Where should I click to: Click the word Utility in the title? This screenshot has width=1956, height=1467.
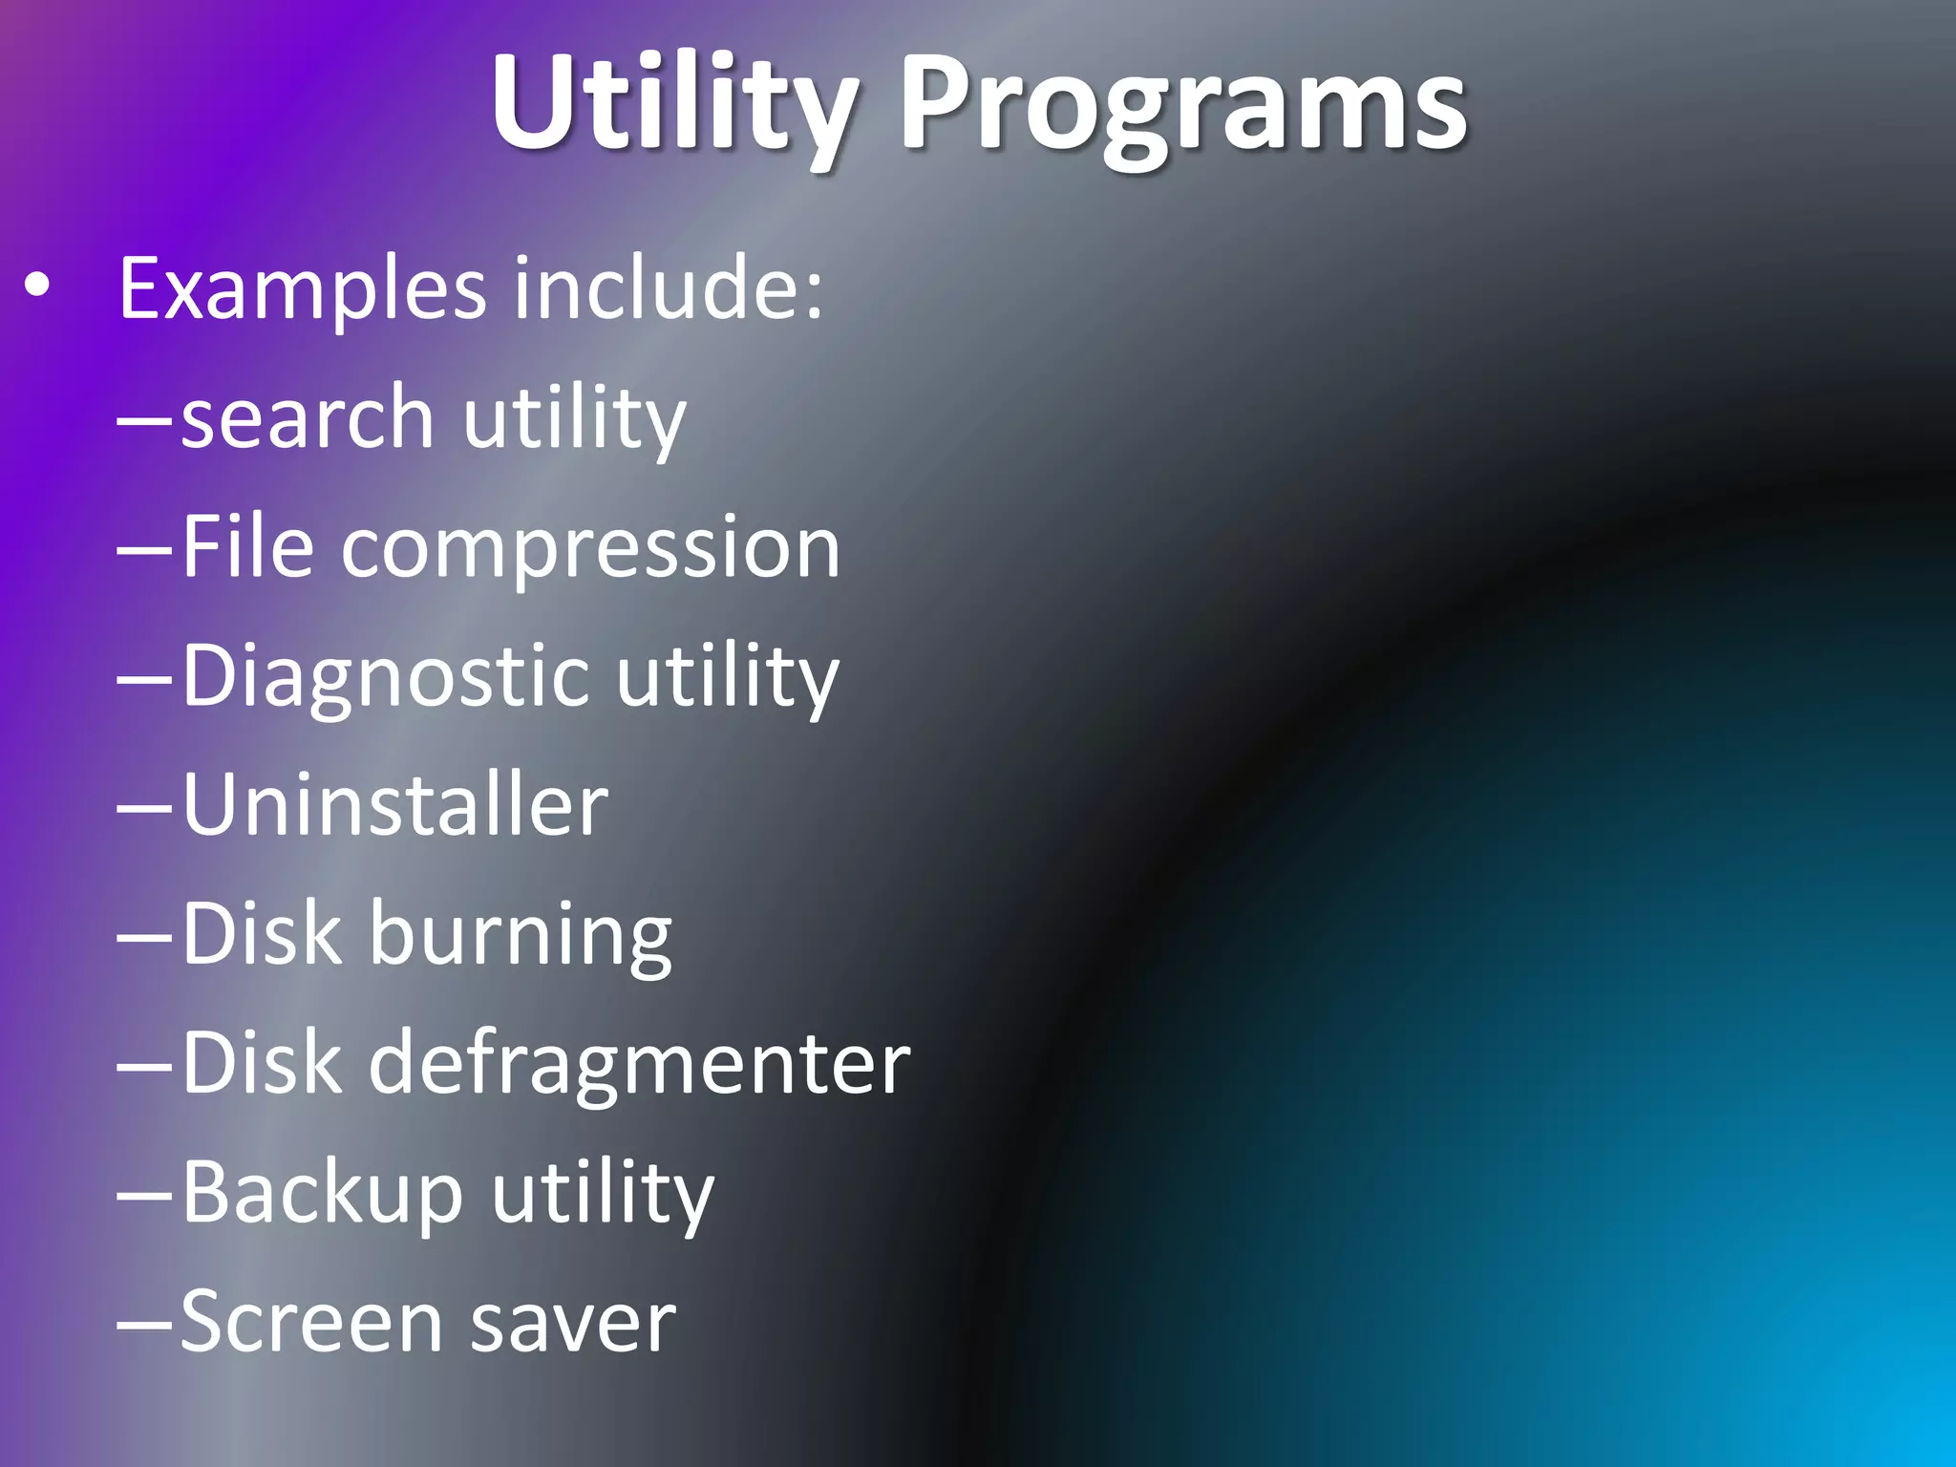click(x=672, y=103)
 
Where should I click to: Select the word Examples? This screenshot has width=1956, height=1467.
click(x=302, y=288)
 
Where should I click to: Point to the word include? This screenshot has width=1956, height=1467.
click(x=668, y=288)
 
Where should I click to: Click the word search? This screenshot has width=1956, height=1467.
click(x=308, y=418)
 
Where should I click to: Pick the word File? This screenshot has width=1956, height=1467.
click(x=247, y=547)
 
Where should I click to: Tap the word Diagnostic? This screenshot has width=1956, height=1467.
click(x=385, y=677)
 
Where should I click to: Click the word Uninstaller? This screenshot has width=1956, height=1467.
click(x=394, y=805)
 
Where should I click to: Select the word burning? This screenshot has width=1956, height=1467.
click(x=521, y=935)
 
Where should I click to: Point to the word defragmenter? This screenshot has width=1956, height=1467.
click(x=639, y=1063)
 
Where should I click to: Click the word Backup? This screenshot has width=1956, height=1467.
click(x=322, y=1193)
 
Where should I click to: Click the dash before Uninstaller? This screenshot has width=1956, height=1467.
click(x=144, y=807)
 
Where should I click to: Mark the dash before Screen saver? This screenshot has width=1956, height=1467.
click(x=144, y=1325)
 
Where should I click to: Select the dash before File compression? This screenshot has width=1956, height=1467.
click(x=144, y=549)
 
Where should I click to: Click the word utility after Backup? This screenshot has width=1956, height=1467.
click(x=603, y=1193)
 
